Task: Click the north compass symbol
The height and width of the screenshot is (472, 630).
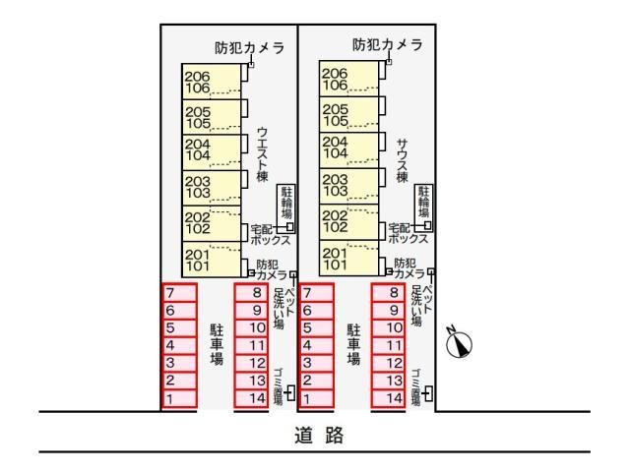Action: click(460, 344)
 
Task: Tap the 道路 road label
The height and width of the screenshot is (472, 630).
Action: click(319, 435)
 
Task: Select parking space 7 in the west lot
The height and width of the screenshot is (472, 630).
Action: click(179, 293)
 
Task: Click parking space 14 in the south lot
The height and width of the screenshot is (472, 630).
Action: click(388, 398)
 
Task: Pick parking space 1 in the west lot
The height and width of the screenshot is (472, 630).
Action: click(179, 399)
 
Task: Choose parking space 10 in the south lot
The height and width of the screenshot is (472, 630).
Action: click(388, 327)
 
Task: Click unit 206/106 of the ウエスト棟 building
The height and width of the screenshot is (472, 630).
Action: click(212, 82)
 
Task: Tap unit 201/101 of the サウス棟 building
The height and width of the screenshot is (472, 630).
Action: click(349, 258)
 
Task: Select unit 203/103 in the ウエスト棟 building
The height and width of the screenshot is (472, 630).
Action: click(212, 188)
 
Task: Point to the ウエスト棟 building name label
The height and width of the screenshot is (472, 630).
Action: click(262, 154)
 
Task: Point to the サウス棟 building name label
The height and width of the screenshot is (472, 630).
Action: click(402, 161)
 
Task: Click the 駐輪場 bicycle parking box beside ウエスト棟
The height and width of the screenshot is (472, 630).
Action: click(286, 208)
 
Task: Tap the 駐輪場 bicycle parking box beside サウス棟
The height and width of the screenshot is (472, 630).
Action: click(424, 207)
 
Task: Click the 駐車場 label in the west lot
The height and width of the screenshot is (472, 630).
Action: click(217, 344)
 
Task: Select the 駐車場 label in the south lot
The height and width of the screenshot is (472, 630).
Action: click(353, 344)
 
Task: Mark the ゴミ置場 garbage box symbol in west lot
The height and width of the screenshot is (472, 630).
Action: click(291, 393)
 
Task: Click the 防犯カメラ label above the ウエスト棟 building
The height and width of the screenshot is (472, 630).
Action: click(249, 48)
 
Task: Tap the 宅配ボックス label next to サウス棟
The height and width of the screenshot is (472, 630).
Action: click(408, 233)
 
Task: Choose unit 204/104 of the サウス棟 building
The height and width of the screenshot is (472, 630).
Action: click(349, 150)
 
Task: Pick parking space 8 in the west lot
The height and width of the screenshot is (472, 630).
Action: click(252, 293)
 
